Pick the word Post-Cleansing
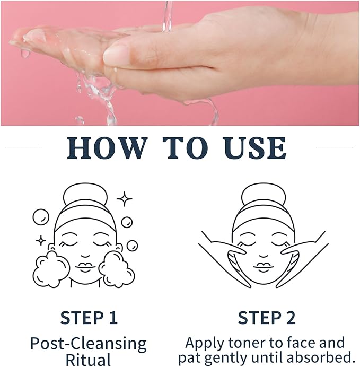click(x=88, y=343)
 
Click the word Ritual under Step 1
click(x=88, y=360)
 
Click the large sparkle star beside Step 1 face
click(x=125, y=199)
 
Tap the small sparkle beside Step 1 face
click(x=41, y=240)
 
